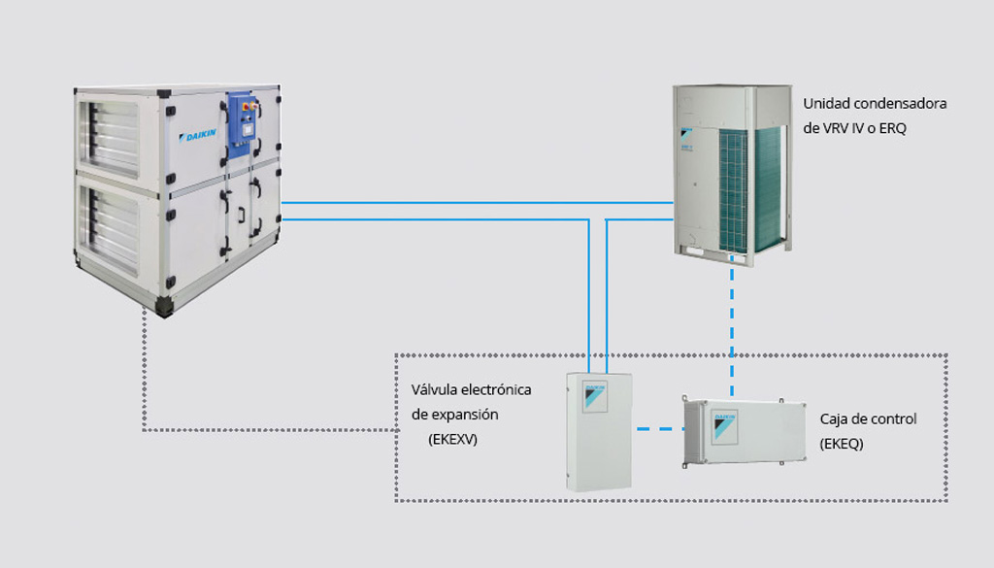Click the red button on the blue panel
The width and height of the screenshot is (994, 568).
tap(245, 100)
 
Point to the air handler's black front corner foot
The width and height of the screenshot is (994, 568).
tap(166, 307)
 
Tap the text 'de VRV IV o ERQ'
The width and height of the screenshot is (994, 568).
tap(854, 127)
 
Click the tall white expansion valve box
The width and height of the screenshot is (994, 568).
tap(598, 432)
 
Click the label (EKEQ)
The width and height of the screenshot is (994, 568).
tap(841, 444)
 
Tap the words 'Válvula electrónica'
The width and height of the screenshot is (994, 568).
tap(471, 389)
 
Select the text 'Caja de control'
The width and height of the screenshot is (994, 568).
tap(868, 419)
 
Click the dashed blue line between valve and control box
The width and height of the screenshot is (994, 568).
tap(656, 428)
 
